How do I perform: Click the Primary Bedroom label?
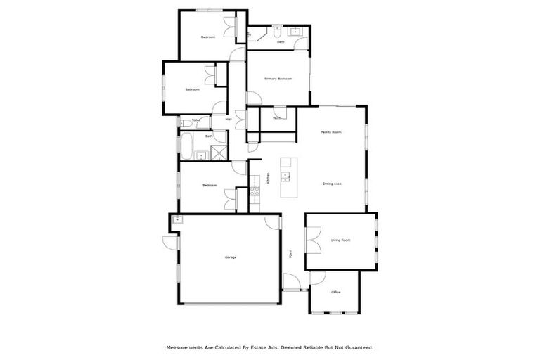click(x=278, y=79)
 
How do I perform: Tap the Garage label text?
click(x=230, y=257)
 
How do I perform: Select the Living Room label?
click(x=340, y=240)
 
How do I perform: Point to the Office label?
click(x=336, y=292)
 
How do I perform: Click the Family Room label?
click(x=331, y=132)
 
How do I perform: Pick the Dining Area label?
click(x=332, y=184)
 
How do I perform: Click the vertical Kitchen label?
click(x=268, y=178)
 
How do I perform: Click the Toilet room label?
click(x=195, y=120)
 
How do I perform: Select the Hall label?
click(x=229, y=120)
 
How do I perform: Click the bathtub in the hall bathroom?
click(x=188, y=146)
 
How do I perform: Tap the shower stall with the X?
click(x=219, y=153)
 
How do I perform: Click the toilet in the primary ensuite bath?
click(x=277, y=32)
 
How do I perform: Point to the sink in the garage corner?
click(x=178, y=220)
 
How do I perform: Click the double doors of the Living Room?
click(x=313, y=240)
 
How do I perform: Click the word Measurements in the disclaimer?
click(x=185, y=347)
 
